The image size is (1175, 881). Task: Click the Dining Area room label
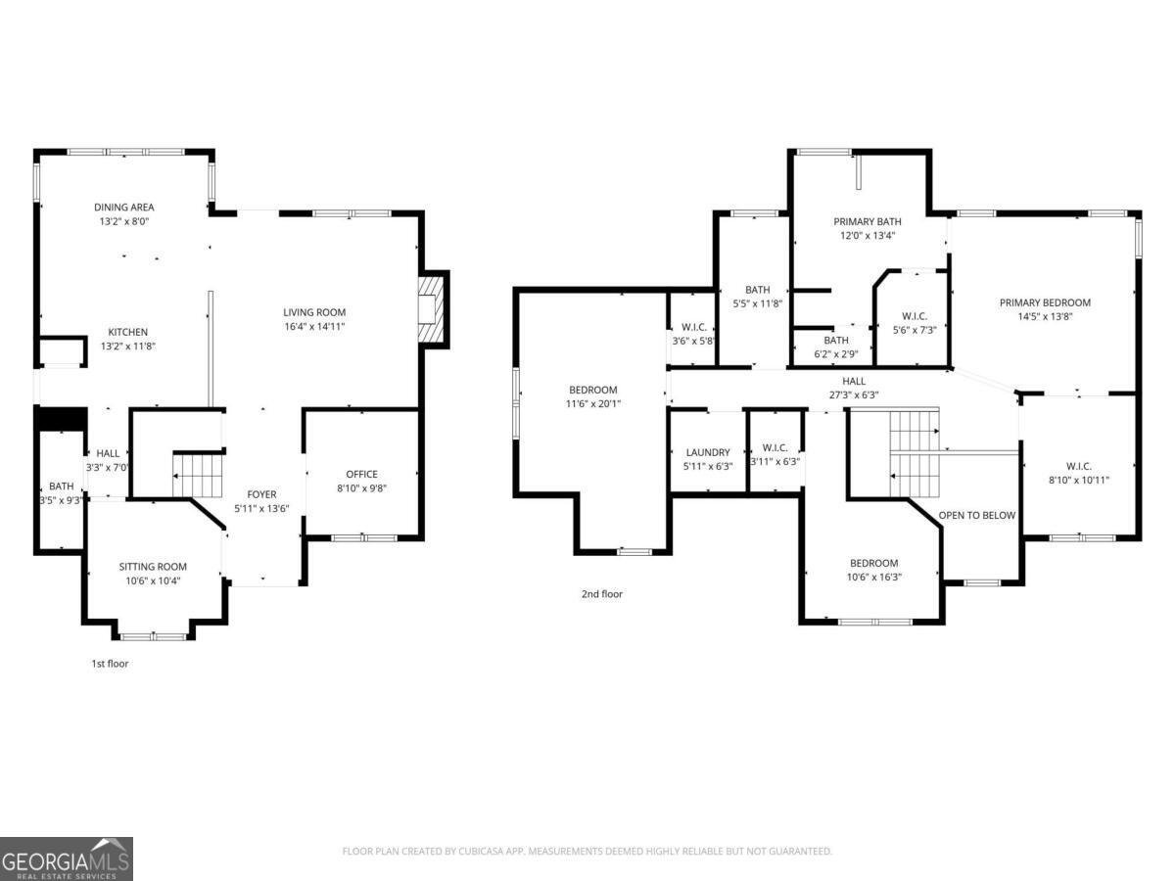123,207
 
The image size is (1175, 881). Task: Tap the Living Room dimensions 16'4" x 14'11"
314,326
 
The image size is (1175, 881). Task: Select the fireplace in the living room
430,309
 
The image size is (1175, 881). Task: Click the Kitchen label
127,332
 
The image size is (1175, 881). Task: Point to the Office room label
361,475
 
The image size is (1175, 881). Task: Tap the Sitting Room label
153,567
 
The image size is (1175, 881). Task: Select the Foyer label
261,494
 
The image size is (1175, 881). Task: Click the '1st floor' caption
110,664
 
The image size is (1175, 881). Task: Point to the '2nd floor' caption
602,594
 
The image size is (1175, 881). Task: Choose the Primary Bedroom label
1045,302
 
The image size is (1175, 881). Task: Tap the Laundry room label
707,452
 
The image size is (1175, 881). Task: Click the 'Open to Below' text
977,515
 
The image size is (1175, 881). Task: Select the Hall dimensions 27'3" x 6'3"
853,395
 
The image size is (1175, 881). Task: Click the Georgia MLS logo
67,859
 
